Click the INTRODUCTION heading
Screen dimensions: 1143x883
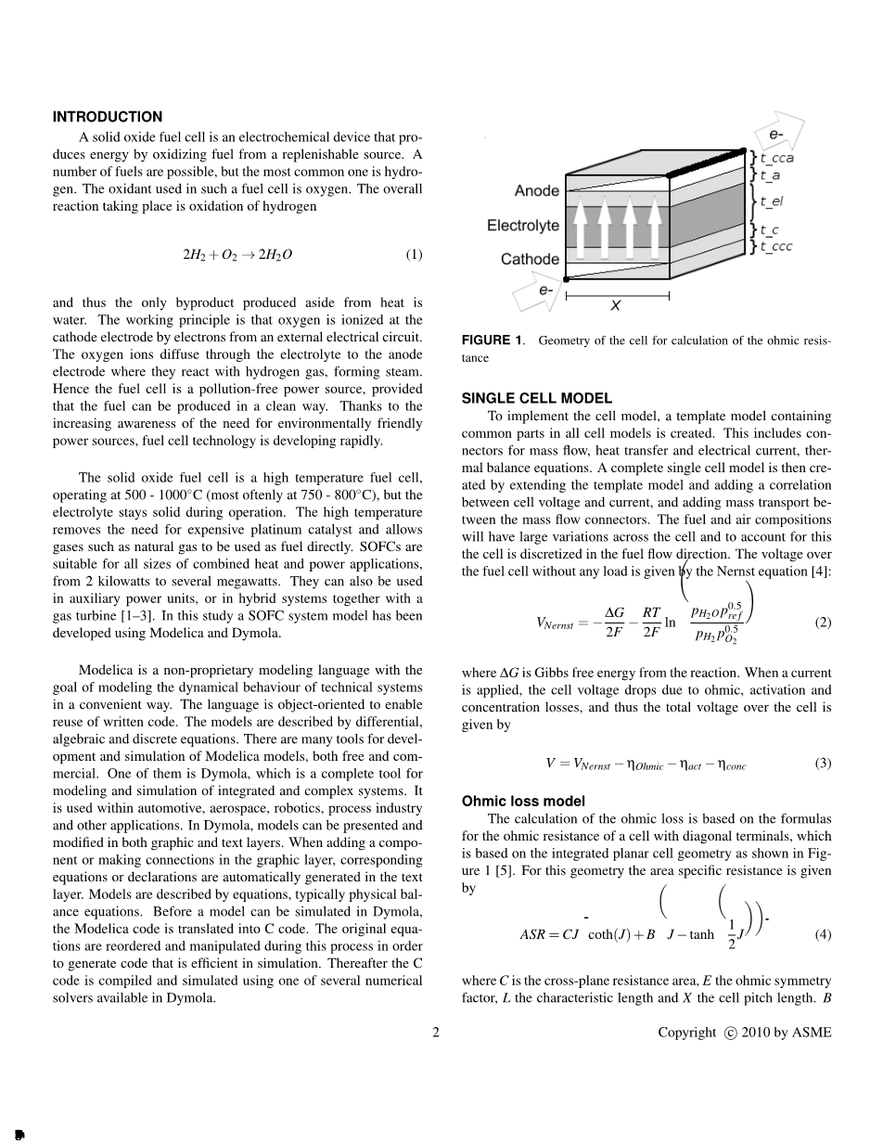click(x=108, y=117)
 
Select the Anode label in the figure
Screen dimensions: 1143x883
click(x=537, y=191)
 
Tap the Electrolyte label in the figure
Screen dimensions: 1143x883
click(x=523, y=225)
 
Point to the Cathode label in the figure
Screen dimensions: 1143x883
click(x=530, y=260)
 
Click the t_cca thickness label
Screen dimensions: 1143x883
click(x=776, y=158)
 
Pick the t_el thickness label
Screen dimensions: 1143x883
click(x=772, y=200)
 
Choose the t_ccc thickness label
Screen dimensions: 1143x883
click(x=776, y=247)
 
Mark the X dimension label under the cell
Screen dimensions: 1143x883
click(x=615, y=305)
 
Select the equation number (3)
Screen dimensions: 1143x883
click(x=823, y=764)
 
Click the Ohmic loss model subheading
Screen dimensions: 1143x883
click(x=523, y=801)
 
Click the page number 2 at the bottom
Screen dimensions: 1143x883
click(x=436, y=1033)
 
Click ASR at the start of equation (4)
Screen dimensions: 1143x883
click(x=534, y=935)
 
